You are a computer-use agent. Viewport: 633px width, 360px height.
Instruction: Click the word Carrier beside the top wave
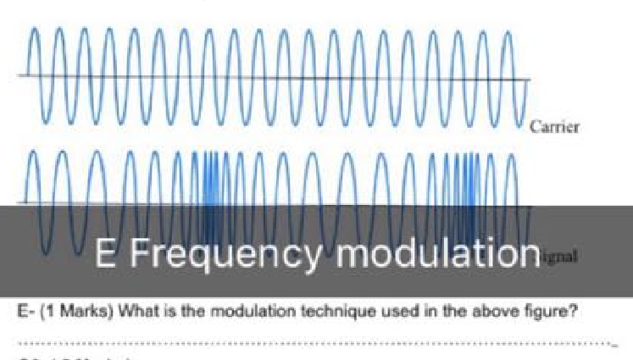[x=554, y=127]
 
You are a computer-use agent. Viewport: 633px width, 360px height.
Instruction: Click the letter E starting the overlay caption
[x=104, y=252]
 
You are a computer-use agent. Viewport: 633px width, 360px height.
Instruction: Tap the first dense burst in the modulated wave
[x=209, y=182]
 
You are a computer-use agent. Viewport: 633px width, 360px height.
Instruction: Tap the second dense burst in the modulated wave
[x=469, y=182]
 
